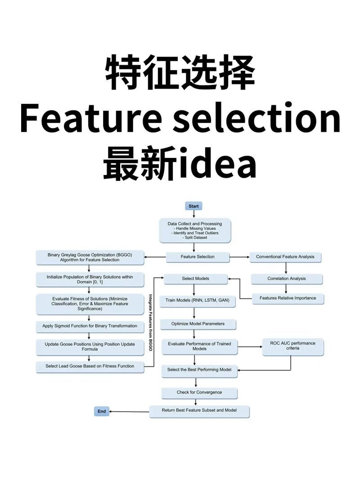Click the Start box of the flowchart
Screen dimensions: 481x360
click(193, 206)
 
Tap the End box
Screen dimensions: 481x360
click(102, 411)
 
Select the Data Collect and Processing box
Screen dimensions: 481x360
click(194, 230)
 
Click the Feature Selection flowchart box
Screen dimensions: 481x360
click(198, 257)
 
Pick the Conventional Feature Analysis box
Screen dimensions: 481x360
click(285, 257)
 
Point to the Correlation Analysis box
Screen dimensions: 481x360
click(286, 279)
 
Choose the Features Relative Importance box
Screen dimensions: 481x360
click(288, 298)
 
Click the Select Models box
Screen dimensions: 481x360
click(195, 279)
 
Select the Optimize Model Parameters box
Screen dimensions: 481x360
click(198, 324)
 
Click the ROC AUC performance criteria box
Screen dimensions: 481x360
click(293, 346)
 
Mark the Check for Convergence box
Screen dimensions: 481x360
click(199, 392)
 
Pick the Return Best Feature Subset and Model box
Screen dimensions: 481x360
click(199, 410)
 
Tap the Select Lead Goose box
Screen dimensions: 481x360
click(90, 366)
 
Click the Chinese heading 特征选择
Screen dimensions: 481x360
click(180, 72)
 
